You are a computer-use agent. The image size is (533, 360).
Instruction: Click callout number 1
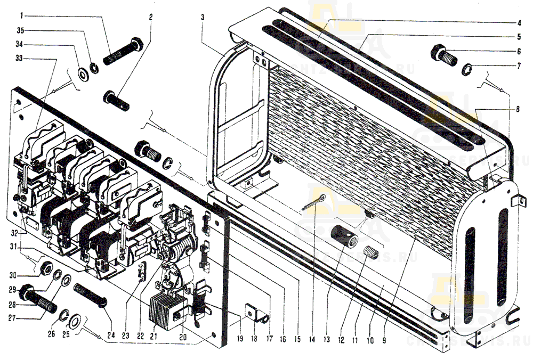point(21,15)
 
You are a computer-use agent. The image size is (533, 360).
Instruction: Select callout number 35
point(21,30)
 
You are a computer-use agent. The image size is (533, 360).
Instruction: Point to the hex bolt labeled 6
point(444,55)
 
